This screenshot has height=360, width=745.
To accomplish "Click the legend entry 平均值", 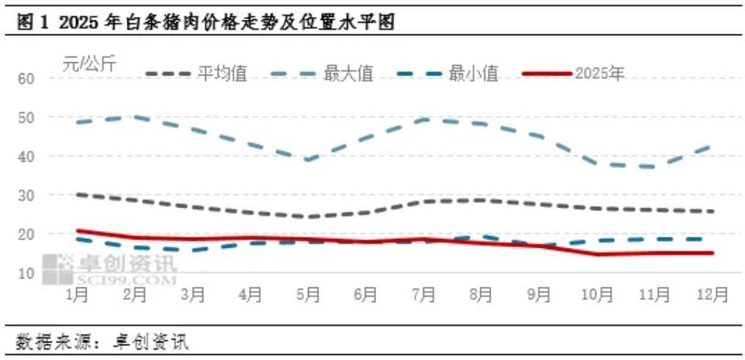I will [223, 73].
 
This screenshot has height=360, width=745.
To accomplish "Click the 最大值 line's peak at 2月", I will [135, 116].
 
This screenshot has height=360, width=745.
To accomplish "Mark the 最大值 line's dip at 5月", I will [308, 160].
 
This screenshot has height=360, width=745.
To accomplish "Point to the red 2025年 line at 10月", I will [596, 254].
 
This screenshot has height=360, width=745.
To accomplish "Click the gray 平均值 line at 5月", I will [308, 217].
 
